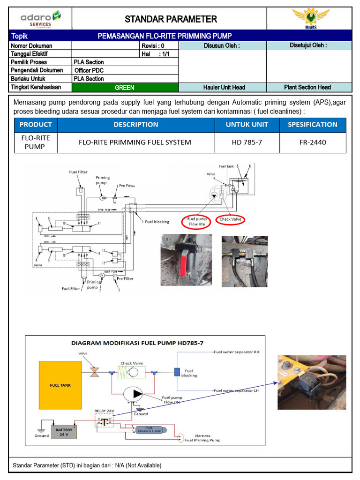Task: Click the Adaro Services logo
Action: tap(40, 19)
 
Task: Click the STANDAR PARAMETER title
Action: tap(171, 19)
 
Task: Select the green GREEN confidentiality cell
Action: tap(125, 87)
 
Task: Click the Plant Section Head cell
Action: tap(307, 87)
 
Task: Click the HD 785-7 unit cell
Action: tap(247, 142)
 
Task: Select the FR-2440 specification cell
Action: tap(312, 142)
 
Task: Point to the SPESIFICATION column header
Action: tap(312, 125)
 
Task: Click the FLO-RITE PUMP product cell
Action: tap(36, 142)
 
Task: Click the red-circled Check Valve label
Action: tap(231, 219)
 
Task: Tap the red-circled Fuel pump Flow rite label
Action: tap(197, 221)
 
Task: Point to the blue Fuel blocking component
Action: tap(177, 372)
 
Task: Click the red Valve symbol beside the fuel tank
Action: tap(94, 372)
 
